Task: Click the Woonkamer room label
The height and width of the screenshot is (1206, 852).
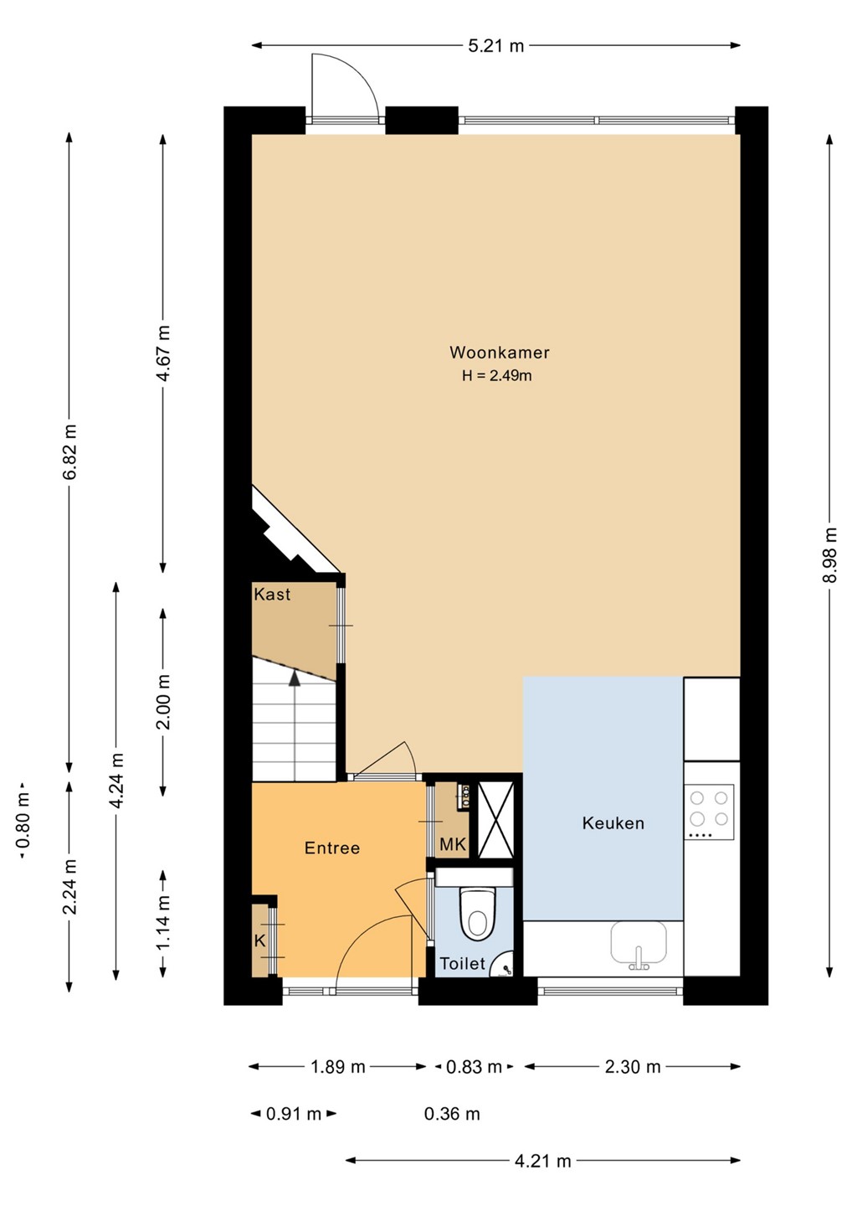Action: point(499,353)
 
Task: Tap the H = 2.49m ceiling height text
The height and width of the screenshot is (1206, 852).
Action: point(497,375)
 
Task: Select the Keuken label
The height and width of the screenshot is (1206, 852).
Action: point(613,823)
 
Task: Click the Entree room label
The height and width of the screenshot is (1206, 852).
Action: point(332,848)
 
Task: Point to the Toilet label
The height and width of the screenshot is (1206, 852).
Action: point(463,963)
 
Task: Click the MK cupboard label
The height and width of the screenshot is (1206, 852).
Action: point(453,845)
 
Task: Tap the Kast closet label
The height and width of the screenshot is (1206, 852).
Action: point(272,595)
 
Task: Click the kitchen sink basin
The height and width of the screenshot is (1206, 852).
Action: point(639,941)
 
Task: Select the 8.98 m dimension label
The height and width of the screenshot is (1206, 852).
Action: point(830,554)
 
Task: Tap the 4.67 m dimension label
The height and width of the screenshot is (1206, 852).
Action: point(163,353)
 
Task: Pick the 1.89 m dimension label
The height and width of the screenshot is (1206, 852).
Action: point(338,1066)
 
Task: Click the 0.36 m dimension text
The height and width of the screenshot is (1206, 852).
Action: point(452,1113)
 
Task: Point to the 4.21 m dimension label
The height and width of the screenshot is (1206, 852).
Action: point(542,1161)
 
